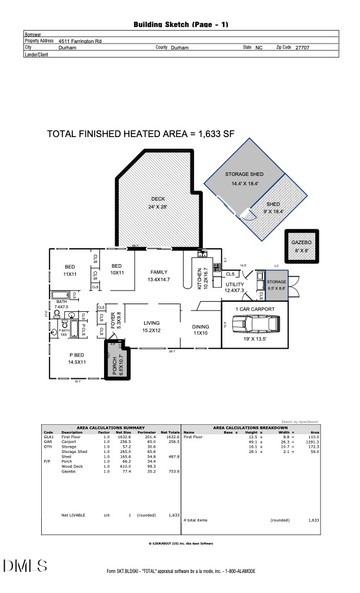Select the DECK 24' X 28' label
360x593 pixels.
pyautogui.click(x=158, y=202)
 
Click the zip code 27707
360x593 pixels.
pyautogui.click(x=302, y=48)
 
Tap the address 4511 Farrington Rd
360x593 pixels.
pyautogui.click(x=79, y=42)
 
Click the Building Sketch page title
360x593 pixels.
pyautogui.click(x=181, y=25)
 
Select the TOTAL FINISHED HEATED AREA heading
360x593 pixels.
pyautogui.click(x=141, y=134)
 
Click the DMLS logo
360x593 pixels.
pyautogui.click(x=25, y=567)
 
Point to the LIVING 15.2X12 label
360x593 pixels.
pyautogui.click(x=152, y=327)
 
